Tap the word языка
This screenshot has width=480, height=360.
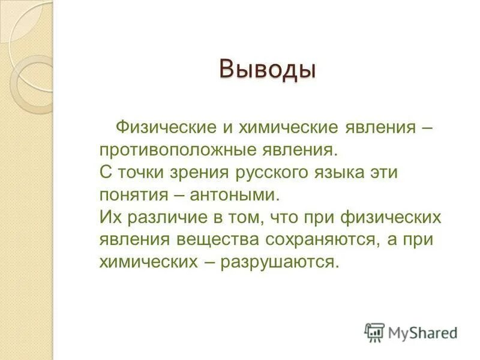tap(343, 173)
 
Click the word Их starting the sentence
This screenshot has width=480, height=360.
tap(110, 217)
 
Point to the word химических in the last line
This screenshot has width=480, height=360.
tap(144, 262)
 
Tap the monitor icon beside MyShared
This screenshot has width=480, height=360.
tap(374, 332)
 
